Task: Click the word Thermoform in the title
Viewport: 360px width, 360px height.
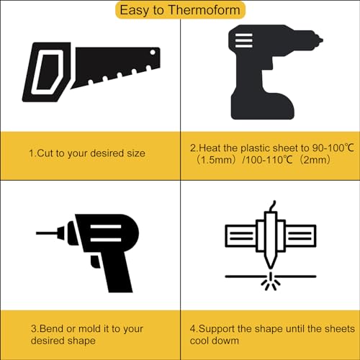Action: (204, 10)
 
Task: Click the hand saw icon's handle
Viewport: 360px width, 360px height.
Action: (46, 72)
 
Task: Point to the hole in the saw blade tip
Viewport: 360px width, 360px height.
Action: (153, 52)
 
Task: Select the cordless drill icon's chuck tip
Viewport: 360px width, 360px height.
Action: (320, 40)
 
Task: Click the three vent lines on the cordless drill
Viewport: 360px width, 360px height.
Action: (243, 40)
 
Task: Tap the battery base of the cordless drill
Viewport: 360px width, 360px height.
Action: (262, 106)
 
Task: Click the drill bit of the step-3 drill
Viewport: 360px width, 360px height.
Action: (47, 233)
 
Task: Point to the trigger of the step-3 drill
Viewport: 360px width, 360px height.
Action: (96, 261)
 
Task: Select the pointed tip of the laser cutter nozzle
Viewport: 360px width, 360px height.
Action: (271, 267)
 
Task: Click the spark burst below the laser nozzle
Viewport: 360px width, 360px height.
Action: (271, 282)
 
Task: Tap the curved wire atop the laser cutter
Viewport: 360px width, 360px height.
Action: (272, 206)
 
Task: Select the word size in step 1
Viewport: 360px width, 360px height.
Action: (136, 153)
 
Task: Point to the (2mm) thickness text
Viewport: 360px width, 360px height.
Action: (315, 160)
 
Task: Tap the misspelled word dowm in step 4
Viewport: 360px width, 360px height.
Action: (225, 341)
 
